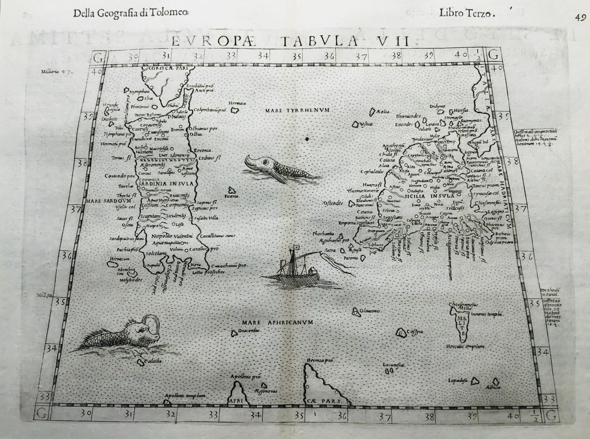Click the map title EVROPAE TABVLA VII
click(x=294, y=41)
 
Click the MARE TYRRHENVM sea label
click(x=296, y=111)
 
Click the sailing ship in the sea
click(x=292, y=268)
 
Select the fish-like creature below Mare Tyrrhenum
click(x=276, y=167)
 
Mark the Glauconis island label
click(x=370, y=311)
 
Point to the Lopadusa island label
click(x=458, y=381)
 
